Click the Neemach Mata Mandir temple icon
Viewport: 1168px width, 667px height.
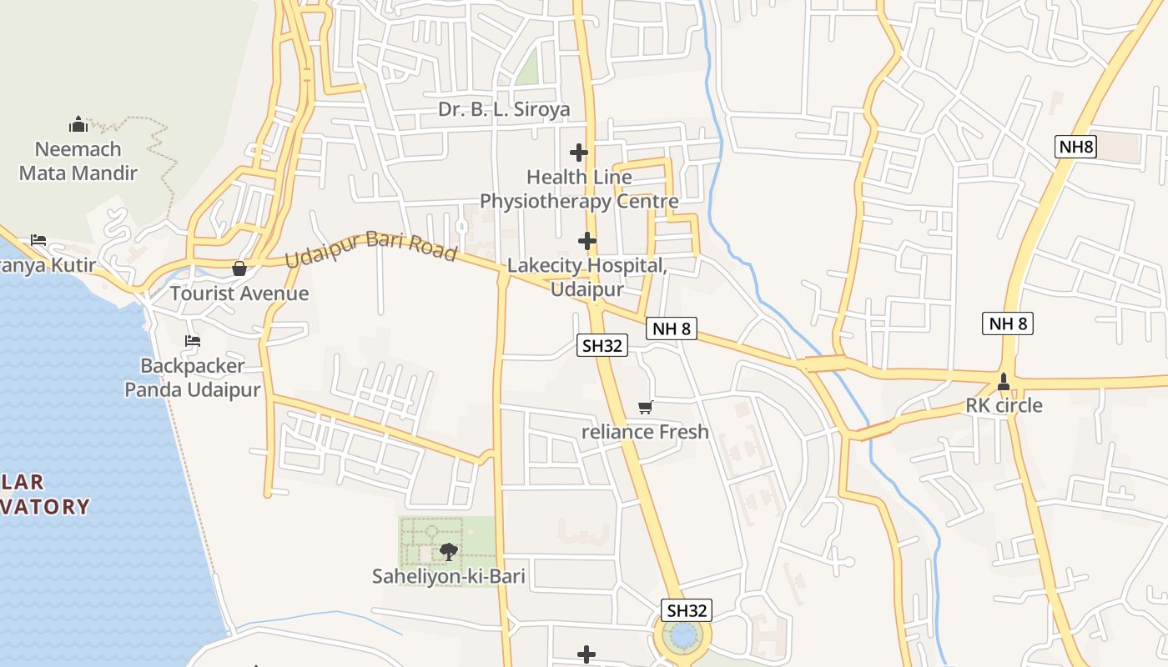click(78, 125)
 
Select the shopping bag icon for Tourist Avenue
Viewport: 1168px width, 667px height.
click(239, 268)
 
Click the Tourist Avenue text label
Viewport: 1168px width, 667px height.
click(239, 293)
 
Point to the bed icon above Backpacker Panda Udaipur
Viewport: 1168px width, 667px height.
click(193, 340)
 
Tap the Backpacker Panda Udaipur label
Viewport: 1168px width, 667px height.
click(193, 378)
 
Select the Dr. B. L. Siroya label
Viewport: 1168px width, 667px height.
click(504, 110)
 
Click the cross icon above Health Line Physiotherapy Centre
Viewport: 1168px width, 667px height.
click(579, 153)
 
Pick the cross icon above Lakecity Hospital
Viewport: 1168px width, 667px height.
click(587, 241)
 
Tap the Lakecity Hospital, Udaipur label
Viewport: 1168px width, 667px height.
click(587, 278)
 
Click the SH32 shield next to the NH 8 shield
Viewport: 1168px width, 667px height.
click(602, 344)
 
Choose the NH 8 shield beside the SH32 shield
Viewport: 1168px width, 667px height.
click(671, 328)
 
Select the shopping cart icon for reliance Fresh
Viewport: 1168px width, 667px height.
click(645, 407)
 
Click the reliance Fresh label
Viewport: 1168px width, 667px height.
click(645, 432)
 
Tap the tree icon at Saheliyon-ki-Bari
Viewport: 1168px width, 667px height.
click(448, 551)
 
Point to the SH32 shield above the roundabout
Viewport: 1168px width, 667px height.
click(687, 610)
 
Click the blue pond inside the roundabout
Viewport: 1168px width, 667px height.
click(683, 637)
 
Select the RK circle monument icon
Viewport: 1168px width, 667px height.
click(1003, 383)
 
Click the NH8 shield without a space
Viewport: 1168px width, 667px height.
click(1076, 148)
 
